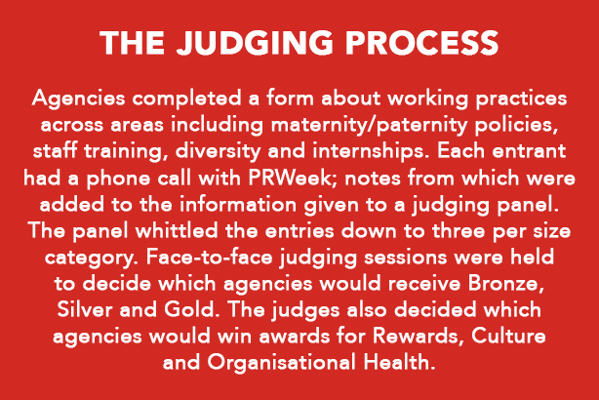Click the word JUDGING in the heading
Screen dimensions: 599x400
click(x=255, y=43)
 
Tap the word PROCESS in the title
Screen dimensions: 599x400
click(x=421, y=43)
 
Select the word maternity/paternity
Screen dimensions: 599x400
click(x=369, y=125)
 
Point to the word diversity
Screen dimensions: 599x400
click(x=218, y=151)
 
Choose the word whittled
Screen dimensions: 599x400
click(x=178, y=230)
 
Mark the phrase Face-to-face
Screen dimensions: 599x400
click(x=209, y=257)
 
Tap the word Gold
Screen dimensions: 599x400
click(x=188, y=309)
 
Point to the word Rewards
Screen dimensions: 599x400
click(x=415, y=336)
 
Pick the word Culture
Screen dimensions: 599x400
click(x=508, y=336)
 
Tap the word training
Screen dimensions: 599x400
click(x=126, y=151)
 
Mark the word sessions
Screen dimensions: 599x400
click(x=405, y=258)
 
